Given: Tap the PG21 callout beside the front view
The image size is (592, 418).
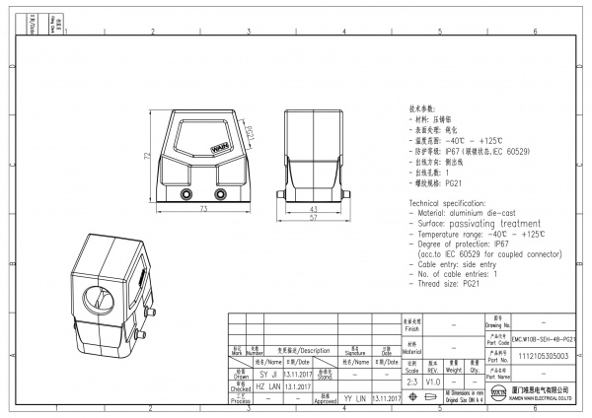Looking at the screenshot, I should [249, 133].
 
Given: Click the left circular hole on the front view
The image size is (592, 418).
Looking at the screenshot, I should [188, 195].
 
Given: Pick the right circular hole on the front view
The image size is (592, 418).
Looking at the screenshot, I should [218, 195].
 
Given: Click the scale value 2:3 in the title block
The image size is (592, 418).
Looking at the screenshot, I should [411, 380].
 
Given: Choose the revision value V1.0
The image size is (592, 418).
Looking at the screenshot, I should [432, 380].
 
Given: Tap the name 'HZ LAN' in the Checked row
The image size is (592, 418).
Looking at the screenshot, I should [267, 388].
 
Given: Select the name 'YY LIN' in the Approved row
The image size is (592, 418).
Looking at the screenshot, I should [354, 399].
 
